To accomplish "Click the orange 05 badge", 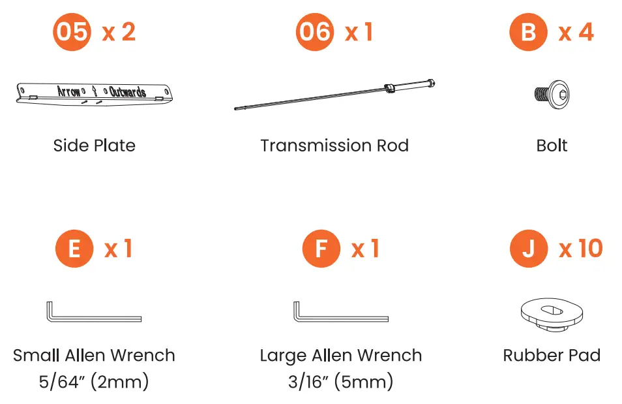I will (71, 32).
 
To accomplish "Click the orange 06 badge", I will (315, 32).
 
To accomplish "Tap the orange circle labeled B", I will (528, 32).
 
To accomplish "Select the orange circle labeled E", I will (74, 249).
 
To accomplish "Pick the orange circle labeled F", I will (321, 249).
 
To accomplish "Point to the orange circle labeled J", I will (529, 249).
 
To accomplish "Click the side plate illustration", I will (95, 93).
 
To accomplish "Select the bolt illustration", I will (552, 95).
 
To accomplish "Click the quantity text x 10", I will (580, 249).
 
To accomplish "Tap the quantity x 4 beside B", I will (576, 32).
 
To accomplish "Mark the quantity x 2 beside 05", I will (119, 32).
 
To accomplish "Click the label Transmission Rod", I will (334, 145).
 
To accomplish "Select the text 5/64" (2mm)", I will (94, 381).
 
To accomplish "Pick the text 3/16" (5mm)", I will (340, 381).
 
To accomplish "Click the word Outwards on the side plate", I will (128, 91).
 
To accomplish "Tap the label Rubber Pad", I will (552, 356).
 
